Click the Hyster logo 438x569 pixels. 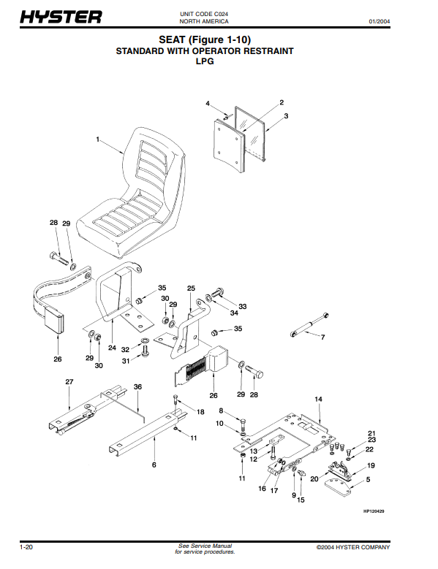tap(61, 17)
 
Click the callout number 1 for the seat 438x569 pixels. tap(97, 140)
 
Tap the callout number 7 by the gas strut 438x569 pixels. tap(322, 337)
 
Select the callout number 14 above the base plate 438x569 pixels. tap(318, 399)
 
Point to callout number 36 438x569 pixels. tap(137, 387)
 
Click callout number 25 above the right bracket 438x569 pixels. tap(191, 288)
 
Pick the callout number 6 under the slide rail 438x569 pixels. tap(154, 465)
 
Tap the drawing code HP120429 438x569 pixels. tap(374, 511)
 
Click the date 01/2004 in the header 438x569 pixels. tap(380, 21)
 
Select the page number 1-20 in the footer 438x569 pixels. tap(26, 547)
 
